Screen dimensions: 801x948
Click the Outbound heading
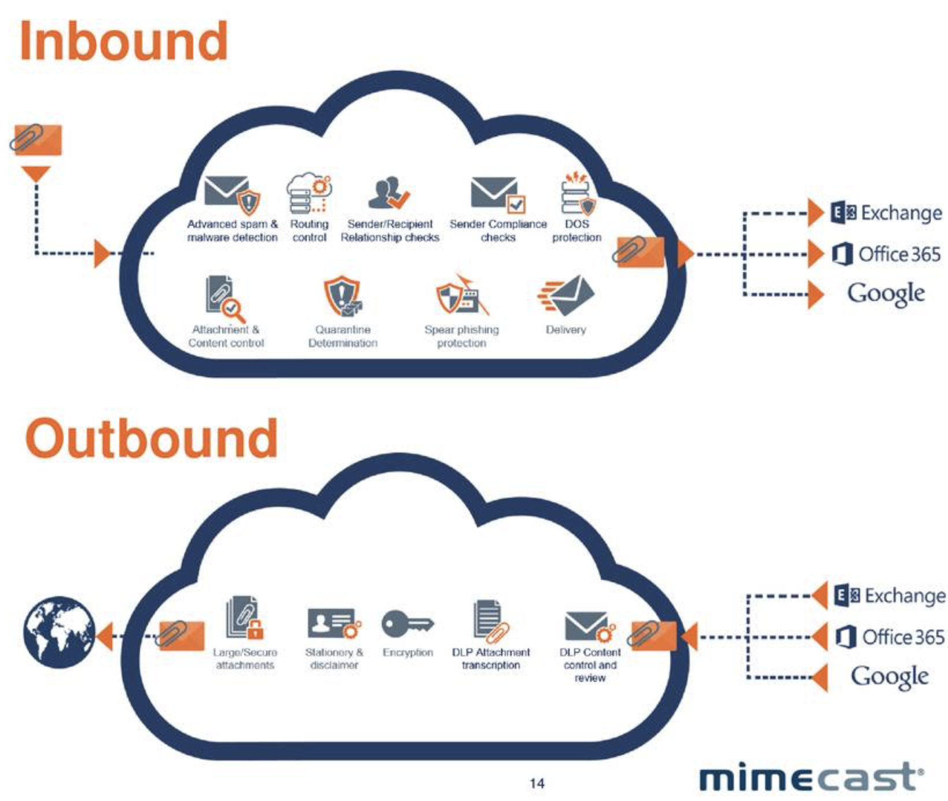click(x=152, y=439)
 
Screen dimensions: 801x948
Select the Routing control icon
click(x=309, y=193)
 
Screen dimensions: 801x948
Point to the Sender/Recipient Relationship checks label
click(x=390, y=230)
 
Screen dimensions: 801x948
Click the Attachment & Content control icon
click(x=225, y=298)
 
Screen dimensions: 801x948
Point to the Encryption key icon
click(x=407, y=624)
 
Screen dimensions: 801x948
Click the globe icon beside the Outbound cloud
click(x=59, y=632)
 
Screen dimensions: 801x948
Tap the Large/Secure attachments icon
click(x=244, y=619)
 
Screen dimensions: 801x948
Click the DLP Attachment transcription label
click(x=491, y=659)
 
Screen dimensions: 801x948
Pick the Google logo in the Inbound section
click(x=885, y=293)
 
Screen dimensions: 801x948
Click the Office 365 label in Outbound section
click(x=891, y=637)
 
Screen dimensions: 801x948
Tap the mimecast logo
click(x=810, y=777)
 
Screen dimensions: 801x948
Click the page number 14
click(x=537, y=783)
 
